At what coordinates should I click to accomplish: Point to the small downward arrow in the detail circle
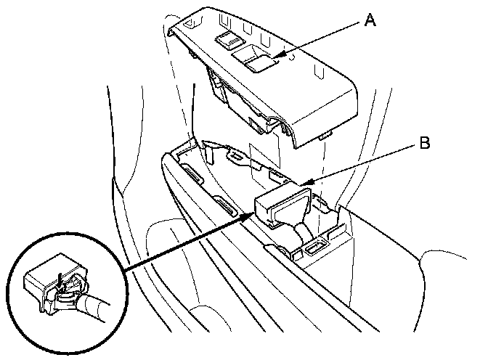59,276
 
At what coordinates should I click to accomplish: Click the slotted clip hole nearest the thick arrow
228,210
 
